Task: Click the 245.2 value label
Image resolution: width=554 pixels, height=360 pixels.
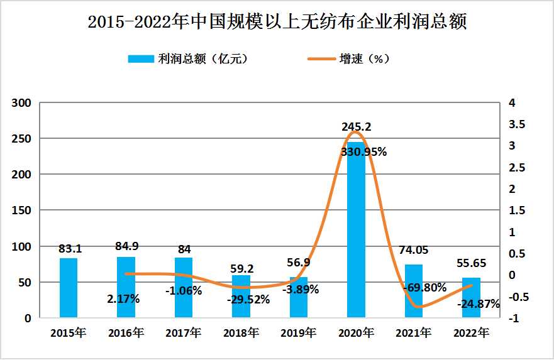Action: pos(356,126)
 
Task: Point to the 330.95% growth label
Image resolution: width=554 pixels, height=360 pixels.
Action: pos(363,151)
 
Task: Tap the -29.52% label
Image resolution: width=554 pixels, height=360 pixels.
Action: pos(248,300)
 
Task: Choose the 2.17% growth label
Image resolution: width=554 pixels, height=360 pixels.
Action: pos(123,299)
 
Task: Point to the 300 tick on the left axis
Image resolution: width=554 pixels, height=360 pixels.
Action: pos(23,102)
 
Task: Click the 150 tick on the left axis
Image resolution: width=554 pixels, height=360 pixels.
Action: pos(23,210)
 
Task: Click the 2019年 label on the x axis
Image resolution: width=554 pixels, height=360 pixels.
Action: pos(299,333)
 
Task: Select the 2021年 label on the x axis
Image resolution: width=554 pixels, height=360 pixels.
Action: pos(414,333)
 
